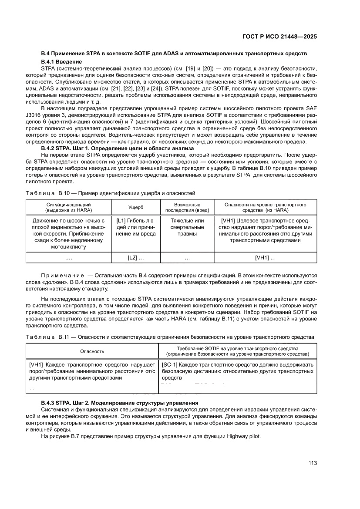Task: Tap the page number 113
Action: tap(312, 463)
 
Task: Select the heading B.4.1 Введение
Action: tap(61, 61)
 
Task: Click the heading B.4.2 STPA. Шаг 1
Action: tap(111, 148)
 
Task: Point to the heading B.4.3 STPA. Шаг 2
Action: tap(120, 403)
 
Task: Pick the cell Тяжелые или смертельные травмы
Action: tap(187, 228)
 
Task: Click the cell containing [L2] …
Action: tap(135, 258)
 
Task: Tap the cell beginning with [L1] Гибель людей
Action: tap(135, 228)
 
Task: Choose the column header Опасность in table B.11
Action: tap(92, 351)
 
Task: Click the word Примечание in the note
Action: tap(62, 276)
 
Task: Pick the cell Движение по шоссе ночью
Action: tap(69, 234)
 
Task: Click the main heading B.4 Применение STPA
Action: tap(174, 53)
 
